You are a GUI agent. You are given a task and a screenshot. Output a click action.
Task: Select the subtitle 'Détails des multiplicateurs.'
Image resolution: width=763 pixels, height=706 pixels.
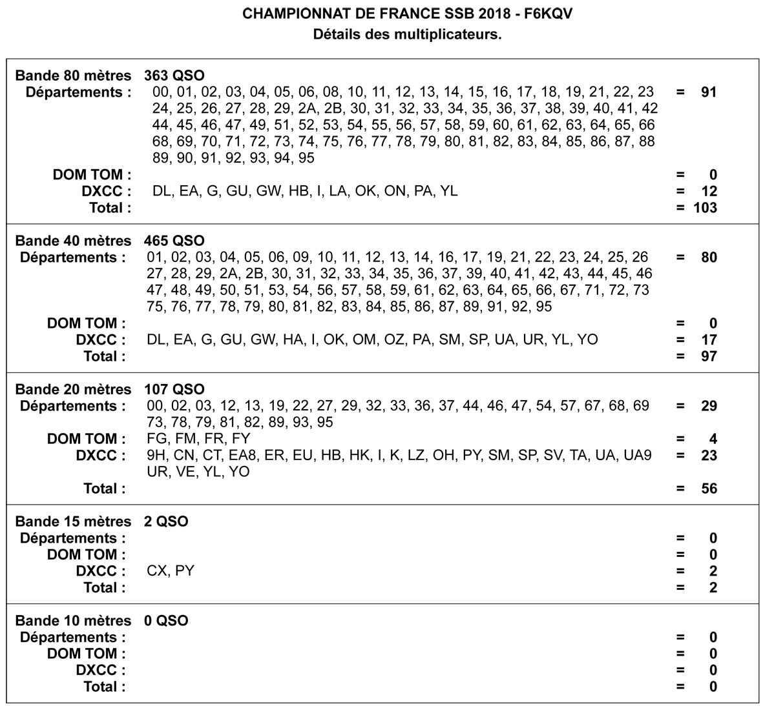[407, 34]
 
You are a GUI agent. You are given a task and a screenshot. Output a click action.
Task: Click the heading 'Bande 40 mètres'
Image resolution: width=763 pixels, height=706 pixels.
[73, 241]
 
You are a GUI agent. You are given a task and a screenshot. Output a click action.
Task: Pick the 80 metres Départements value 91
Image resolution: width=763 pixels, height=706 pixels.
[709, 92]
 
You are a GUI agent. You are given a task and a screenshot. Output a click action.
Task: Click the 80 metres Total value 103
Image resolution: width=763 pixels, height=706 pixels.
[705, 207]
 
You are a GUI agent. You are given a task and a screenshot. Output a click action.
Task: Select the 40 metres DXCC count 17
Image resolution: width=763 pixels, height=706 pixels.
[709, 339]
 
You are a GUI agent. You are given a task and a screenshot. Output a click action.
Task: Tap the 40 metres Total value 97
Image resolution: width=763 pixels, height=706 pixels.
[709, 356]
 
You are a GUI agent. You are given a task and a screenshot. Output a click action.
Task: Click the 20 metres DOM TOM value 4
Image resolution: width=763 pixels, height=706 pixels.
[713, 439]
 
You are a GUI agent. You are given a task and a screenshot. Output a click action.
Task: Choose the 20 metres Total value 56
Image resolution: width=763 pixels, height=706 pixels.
[709, 489]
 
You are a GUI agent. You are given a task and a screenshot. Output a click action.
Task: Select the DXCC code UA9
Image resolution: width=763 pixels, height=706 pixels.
[637, 455]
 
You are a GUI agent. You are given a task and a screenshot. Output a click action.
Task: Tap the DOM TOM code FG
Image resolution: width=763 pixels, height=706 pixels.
[157, 439]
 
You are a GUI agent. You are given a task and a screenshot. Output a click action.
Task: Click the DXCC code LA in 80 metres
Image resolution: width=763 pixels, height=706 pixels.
[338, 191]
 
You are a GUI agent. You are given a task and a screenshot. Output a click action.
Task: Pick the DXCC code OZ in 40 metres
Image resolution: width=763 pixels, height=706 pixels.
[394, 339]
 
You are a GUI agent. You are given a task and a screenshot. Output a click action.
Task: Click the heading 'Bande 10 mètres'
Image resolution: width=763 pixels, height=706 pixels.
[73, 621]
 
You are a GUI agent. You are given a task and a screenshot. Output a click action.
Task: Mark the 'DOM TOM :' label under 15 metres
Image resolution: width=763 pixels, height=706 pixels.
[86, 554]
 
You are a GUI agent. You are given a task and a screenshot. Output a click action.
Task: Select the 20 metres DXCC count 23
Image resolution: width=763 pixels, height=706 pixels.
[709, 455]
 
